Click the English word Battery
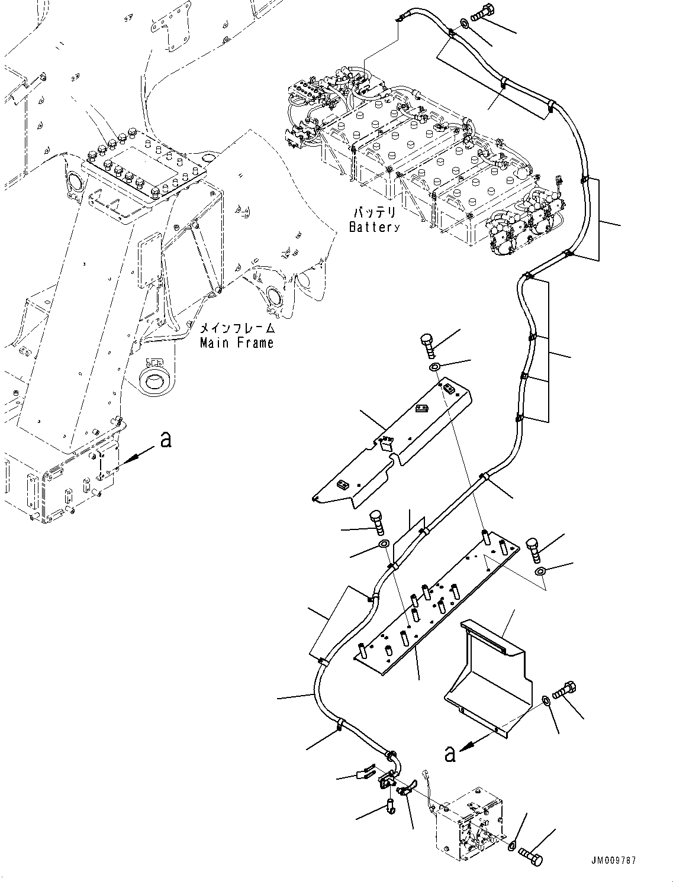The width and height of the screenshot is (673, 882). coord(374,227)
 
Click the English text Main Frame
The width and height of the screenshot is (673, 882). coord(237,343)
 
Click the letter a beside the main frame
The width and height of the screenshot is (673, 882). coord(166,440)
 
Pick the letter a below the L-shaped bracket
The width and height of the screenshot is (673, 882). coord(450,754)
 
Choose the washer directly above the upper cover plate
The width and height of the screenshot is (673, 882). coord(435,368)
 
